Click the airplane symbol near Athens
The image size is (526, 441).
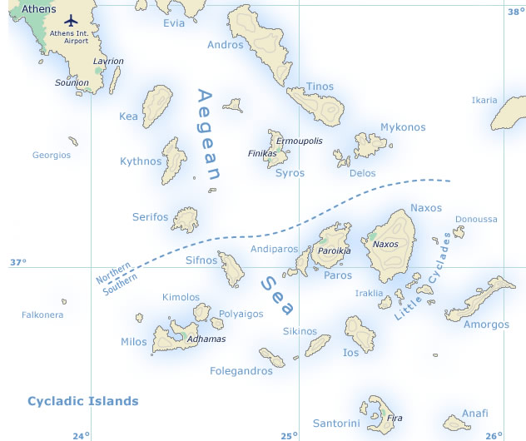click(69, 19)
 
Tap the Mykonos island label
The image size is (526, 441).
click(403, 127)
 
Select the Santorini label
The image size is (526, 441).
click(336, 424)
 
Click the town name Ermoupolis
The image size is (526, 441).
click(299, 141)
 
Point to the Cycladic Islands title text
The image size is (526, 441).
click(83, 401)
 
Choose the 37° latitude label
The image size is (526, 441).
click(18, 262)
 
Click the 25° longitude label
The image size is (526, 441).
click(289, 435)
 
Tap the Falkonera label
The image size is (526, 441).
click(42, 315)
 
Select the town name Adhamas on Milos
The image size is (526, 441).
click(206, 339)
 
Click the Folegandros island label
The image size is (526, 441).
click(241, 370)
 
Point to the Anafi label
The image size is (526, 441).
click(475, 413)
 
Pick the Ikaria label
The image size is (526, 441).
click(484, 100)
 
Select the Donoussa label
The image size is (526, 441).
click(476, 220)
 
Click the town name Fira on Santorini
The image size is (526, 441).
click(395, 418)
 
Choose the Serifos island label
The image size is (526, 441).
click(150, 217)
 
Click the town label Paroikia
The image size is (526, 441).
click(335, 250)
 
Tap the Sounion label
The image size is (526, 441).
click(72, 83)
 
